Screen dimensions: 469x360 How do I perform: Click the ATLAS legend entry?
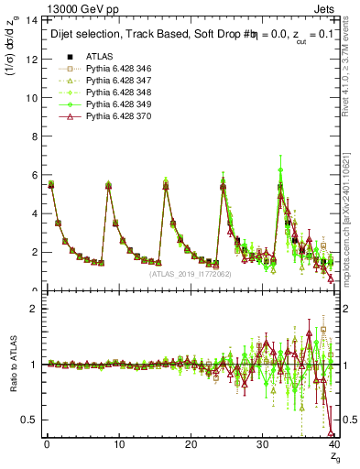99,57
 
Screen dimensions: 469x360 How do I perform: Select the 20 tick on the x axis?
190,445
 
